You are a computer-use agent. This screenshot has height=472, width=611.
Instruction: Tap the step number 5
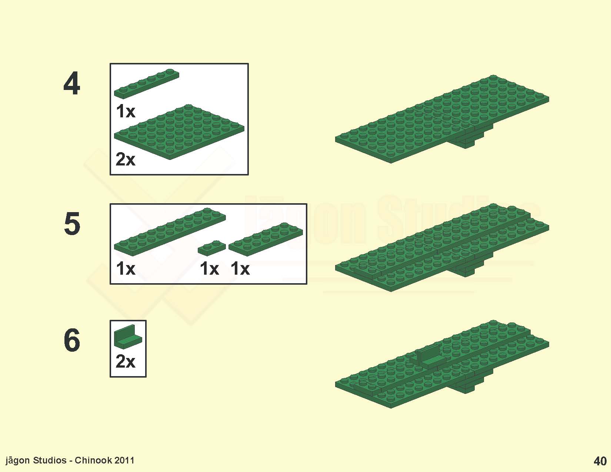[72, 224]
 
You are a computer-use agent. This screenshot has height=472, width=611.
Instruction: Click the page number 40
[600, 461]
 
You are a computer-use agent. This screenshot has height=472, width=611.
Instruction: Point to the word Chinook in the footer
[93, 460]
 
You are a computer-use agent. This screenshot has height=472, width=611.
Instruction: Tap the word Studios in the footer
[50, 460]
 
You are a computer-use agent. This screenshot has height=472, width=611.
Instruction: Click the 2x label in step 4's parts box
[126, 160]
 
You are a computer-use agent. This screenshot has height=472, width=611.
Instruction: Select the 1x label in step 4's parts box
[126, 111]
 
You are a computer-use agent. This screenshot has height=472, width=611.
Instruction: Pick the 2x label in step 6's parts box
[126, 361]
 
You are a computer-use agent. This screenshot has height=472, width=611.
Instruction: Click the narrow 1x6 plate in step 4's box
[147, 84]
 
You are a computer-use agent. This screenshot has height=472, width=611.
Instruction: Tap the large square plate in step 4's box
[179, 132]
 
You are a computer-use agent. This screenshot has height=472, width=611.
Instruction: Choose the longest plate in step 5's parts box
[170, 232]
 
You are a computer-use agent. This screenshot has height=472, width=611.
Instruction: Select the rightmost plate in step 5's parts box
[266, 239]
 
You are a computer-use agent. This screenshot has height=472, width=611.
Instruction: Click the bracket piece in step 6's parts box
[128, 337]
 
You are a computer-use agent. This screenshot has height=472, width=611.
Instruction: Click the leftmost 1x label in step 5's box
[126, 268]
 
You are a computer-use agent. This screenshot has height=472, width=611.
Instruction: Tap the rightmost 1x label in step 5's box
[240, 268]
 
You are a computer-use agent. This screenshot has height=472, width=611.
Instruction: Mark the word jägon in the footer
[18, 461]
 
